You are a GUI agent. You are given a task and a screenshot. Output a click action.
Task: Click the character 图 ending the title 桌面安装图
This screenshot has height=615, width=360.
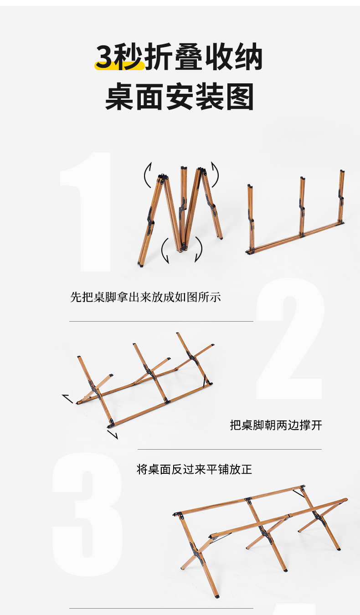240,97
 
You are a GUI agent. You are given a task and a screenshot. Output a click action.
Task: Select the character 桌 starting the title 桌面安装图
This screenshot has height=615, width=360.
119,97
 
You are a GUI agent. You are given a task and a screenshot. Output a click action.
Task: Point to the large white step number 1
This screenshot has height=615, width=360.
85,212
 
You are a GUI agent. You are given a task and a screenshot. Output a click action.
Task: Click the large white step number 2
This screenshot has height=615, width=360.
290,339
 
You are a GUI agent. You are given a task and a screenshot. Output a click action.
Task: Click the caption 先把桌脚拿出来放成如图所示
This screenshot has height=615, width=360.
145,297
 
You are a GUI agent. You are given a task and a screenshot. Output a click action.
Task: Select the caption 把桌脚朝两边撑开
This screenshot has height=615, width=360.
276,425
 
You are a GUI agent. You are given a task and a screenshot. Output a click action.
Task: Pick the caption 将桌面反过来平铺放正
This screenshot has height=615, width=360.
195,469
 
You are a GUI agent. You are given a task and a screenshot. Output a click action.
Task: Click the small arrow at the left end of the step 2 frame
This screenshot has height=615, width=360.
67,399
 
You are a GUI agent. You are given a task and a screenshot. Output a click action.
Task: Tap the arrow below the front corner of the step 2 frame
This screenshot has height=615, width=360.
113,435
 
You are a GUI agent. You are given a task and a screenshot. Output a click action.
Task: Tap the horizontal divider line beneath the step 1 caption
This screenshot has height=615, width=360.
161,321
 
